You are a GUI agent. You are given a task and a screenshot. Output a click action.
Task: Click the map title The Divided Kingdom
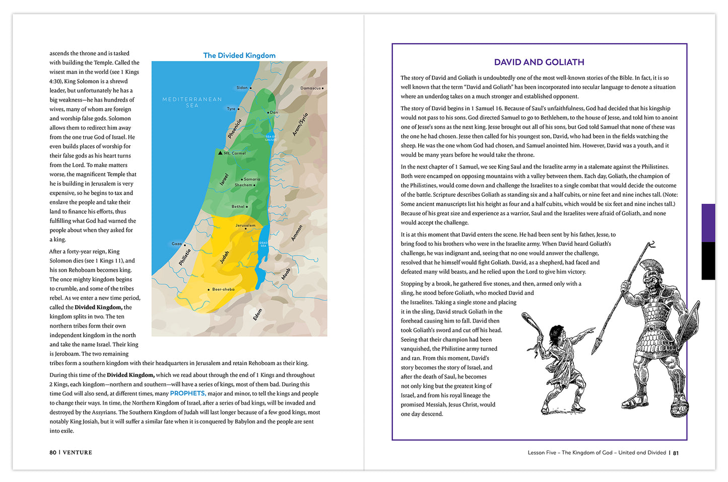click(x=239, y=55)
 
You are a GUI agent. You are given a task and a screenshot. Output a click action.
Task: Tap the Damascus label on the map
click(x=310, y=88)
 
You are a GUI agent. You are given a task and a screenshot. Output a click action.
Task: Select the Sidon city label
click(x=242, y=88)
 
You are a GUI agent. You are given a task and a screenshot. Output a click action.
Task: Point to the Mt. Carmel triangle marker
click(x=220, y=152)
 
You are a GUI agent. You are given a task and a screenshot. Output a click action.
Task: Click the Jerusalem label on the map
click(x=245, y=225)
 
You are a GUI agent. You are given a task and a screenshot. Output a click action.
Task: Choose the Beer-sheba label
click(x=223, y=289)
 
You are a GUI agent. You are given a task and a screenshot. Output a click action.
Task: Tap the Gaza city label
click(x=177, y=244)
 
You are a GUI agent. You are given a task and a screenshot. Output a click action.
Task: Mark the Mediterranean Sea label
click(x=192, y=102)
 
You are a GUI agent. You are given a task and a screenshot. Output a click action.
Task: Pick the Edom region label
click(x=258, y=314)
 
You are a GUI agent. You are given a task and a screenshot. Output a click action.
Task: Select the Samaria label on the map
click(x=251, y=179)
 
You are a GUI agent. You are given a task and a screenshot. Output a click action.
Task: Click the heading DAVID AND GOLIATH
click(x=539, y=62)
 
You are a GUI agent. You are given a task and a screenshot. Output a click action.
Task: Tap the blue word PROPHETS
click(x=187, y=393)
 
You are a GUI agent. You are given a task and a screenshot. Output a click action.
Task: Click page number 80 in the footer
click(x=53, y=452)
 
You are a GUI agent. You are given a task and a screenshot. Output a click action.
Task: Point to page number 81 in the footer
click(x=676, y=453)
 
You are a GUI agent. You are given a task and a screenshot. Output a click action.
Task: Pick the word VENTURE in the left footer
click(x=78, y=452)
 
